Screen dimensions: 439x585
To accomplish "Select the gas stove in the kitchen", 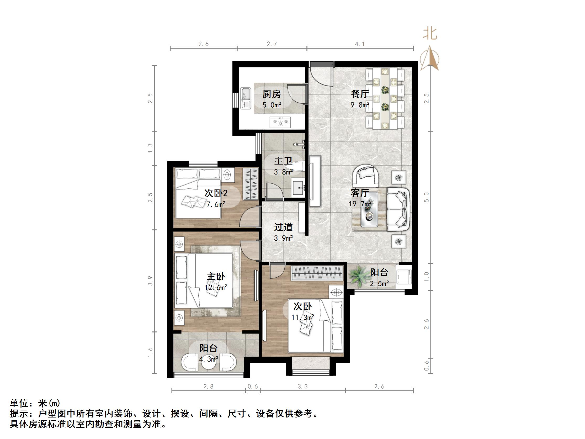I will pyautogui.click(x=280, y=122).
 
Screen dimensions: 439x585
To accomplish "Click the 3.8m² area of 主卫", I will pyautogui.click(x=283, y=172).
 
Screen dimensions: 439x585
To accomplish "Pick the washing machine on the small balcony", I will pyautogui.click(x=404, y=276).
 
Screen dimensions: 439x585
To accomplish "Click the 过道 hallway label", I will pyautogui.click(x=283, y=227).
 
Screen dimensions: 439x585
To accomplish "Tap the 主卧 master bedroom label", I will pyautogui.click(x=216, y=277).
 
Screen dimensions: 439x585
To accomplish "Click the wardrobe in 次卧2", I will pyautogui.click(x=251, y=184).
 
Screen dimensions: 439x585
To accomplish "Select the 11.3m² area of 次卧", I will pyautogui.click(x=302, y=317).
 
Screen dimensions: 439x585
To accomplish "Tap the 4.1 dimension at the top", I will pyautogui.click(x=360, y=44).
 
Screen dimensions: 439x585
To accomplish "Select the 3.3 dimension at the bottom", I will pyautogui.click(x=302, y=387).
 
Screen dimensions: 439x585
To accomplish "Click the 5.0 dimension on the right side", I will pyautogui.click(x=426, y=197).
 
